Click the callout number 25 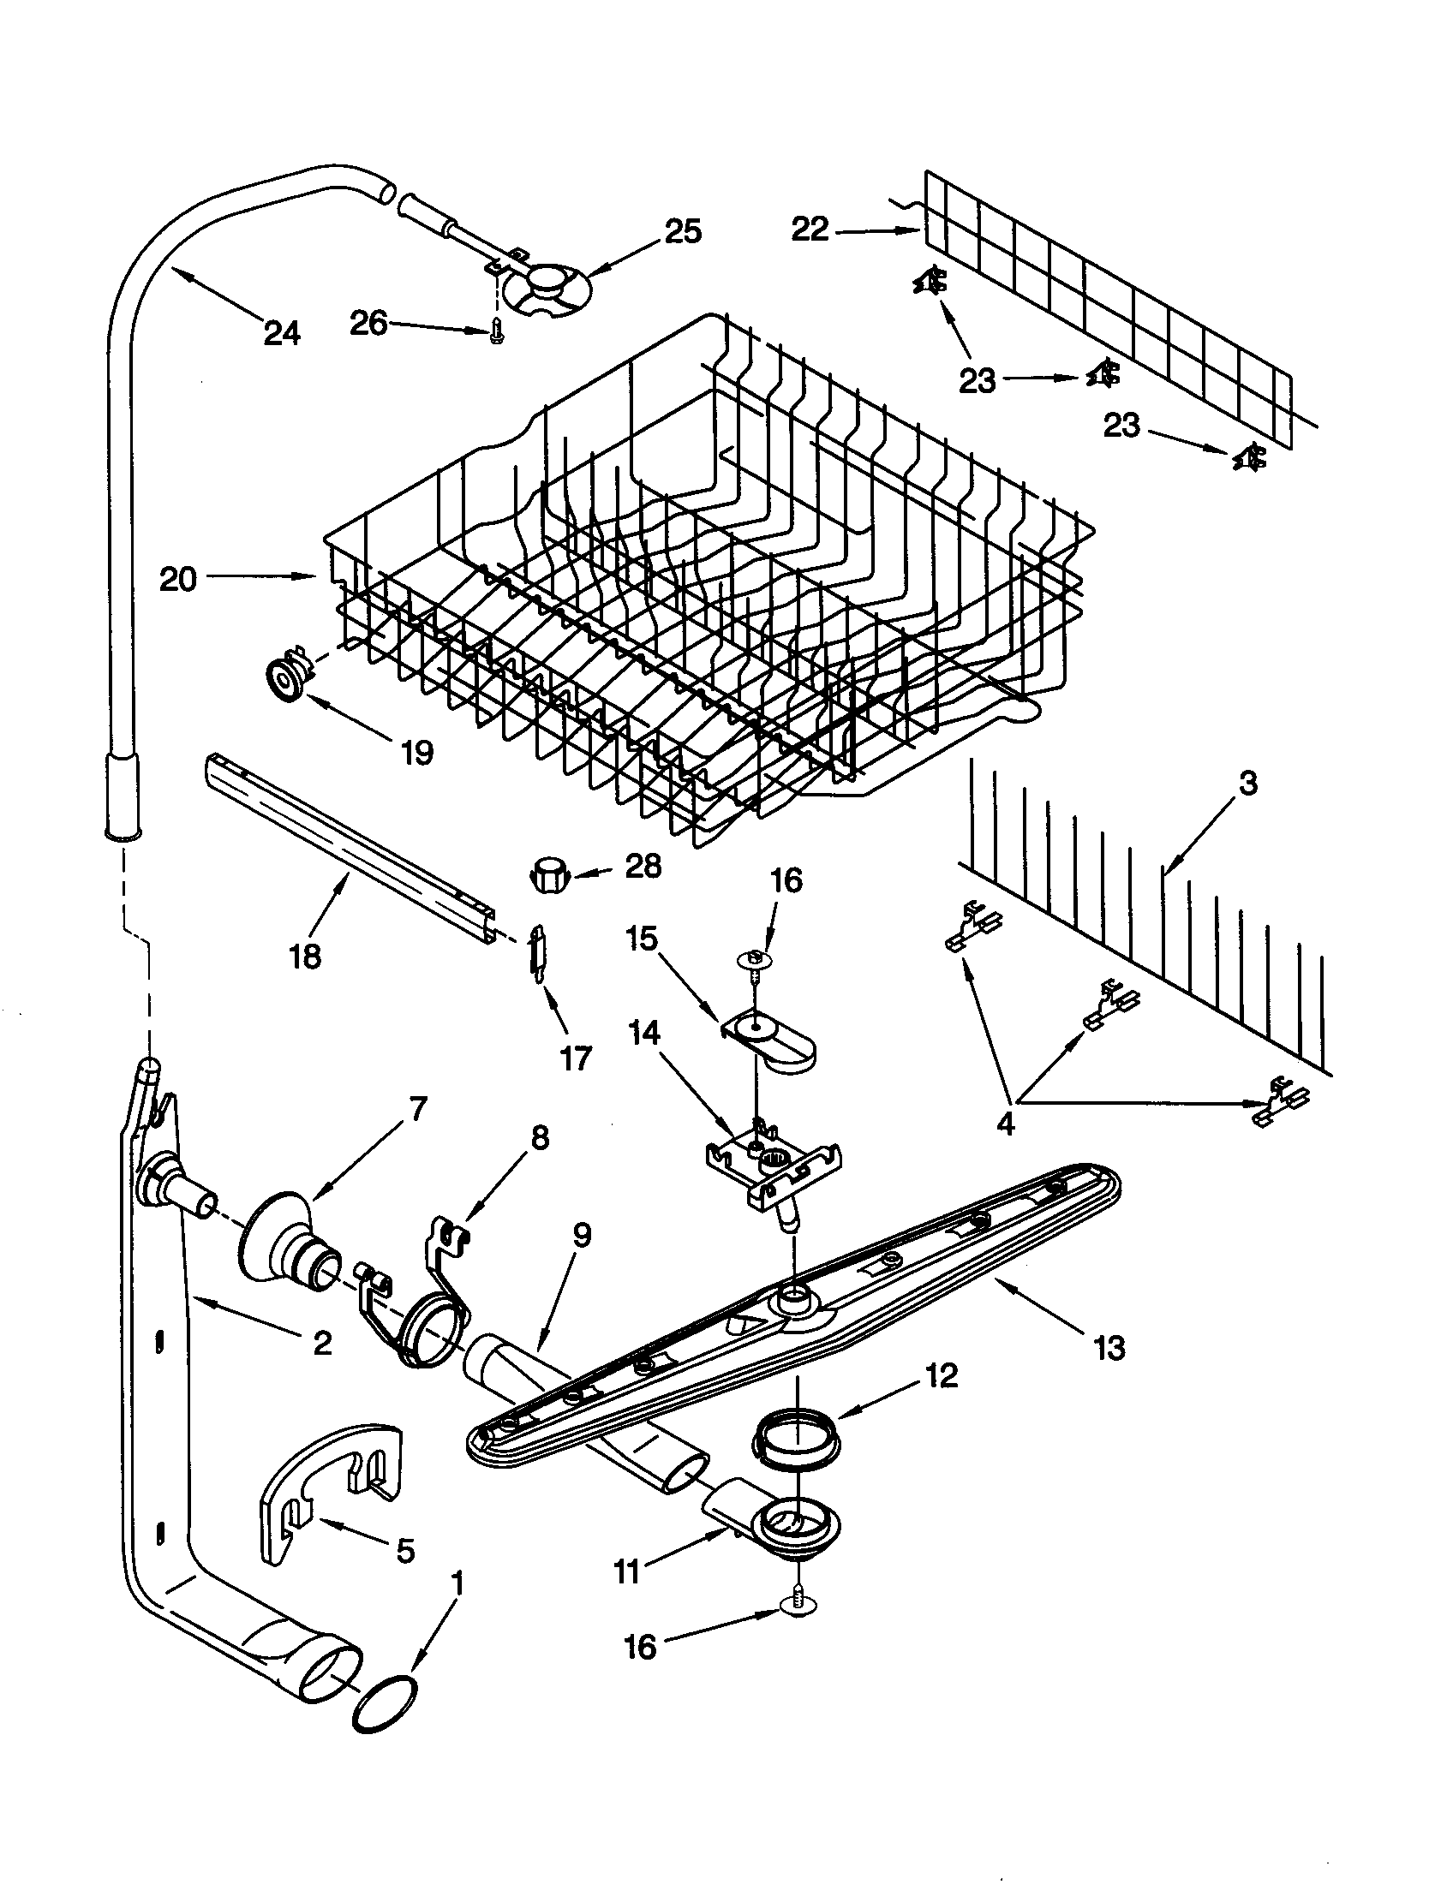click(683, 232)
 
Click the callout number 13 click(1109, 1346)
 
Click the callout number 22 click(810, 230)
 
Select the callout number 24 click(281, 332)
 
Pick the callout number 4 click(1005, 1124)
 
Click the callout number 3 click(1248, 784)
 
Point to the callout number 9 click(582, 1235)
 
